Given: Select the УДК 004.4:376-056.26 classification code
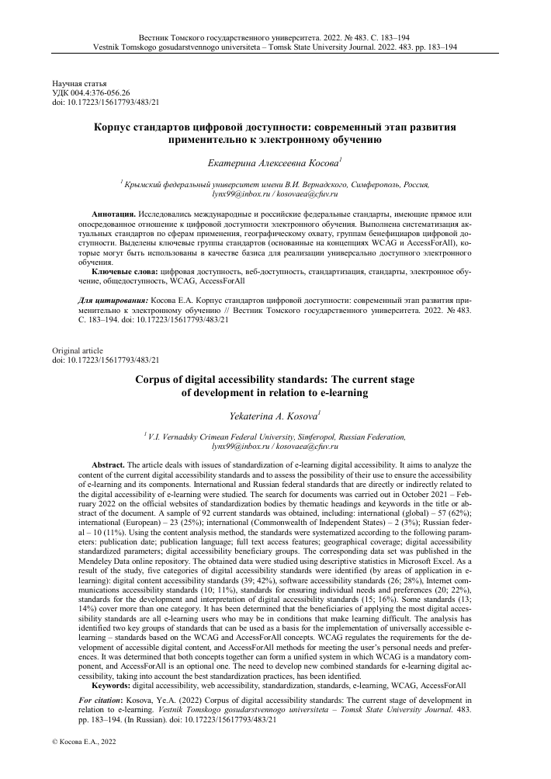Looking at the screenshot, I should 91,92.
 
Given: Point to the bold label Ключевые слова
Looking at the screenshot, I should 124,271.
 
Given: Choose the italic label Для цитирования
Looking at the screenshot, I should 114,300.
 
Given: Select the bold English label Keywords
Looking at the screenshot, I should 112,687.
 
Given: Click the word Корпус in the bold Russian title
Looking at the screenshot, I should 114,127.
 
